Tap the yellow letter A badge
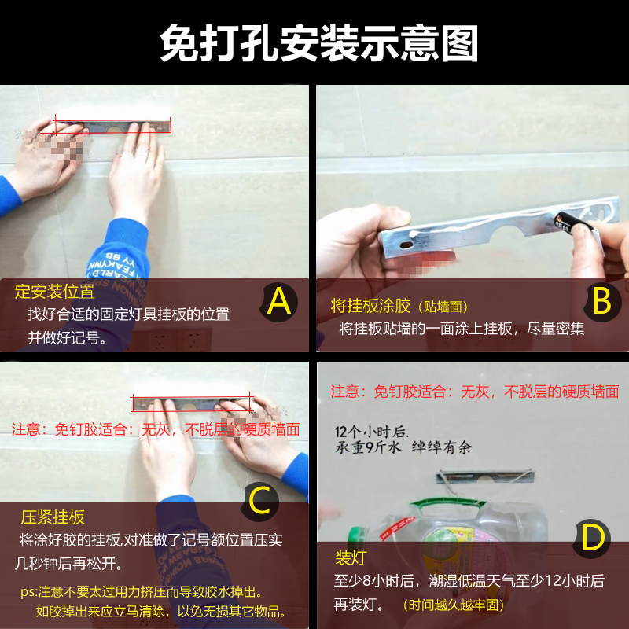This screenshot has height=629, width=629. (280, 301)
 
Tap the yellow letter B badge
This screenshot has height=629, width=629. (601, 301)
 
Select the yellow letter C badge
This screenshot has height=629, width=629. (260, 501)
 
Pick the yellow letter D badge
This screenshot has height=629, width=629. (593, 538)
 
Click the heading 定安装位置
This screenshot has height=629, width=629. (55, 292)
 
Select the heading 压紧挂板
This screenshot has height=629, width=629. (53, 517)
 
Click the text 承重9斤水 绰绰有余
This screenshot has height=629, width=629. (403, 448)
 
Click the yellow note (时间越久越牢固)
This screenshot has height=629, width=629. (452, 605)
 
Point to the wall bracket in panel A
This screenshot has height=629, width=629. (114, 125)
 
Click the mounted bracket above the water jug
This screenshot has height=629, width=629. (487, 476)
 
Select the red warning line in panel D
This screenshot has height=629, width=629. (474, 392)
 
